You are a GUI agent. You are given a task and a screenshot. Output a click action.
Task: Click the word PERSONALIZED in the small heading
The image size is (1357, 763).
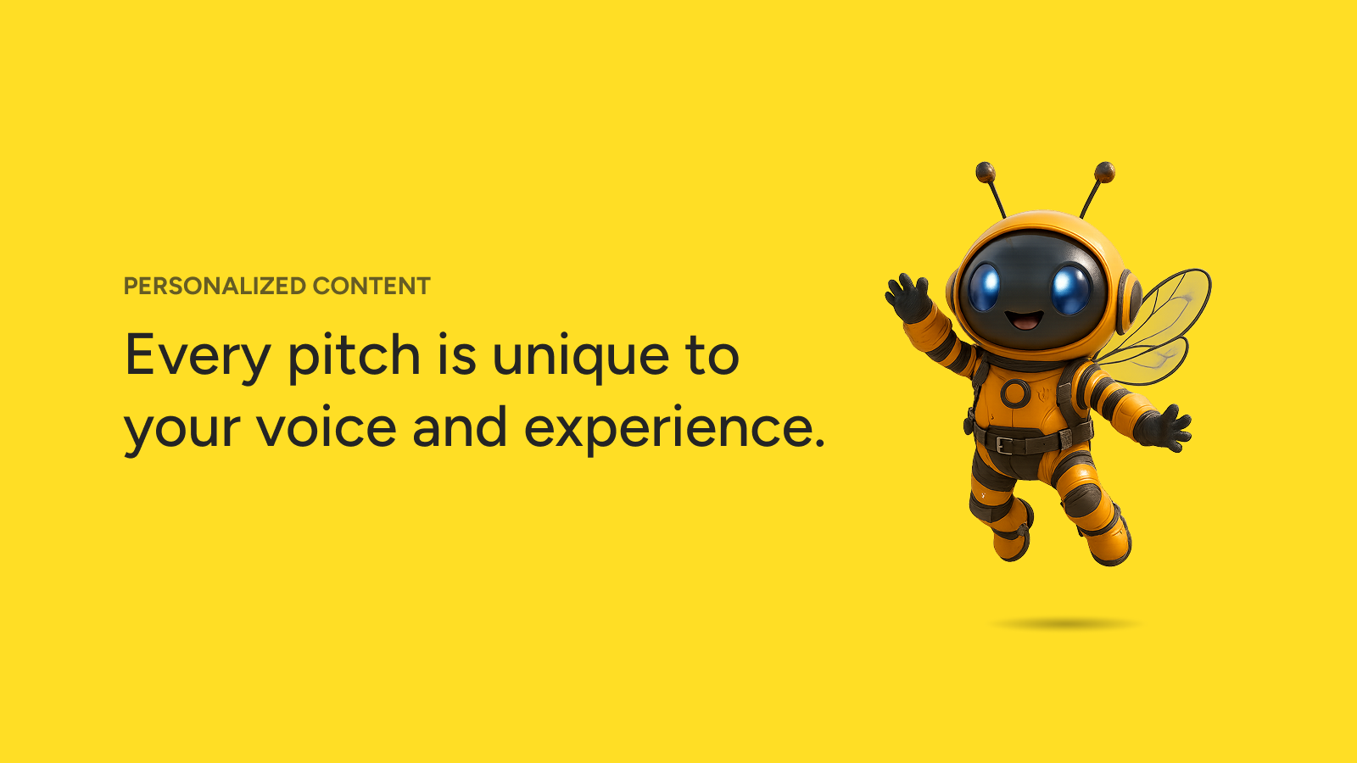(x=215, y=286)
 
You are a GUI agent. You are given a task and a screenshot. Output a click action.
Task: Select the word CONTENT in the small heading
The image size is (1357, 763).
(x=371, y=286)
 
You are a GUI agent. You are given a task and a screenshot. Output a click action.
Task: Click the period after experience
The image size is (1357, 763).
(x=819, y=442)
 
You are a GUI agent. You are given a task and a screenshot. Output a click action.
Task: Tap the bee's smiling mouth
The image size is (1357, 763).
(x=1025, y=320)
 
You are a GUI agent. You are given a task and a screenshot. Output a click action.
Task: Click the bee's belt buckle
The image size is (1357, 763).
(x=1003, y=445)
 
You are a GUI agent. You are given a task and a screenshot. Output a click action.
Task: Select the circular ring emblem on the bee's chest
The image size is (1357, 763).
(x=1015, y=393)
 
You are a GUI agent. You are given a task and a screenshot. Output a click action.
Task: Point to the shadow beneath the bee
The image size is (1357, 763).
(x=1065, y=624)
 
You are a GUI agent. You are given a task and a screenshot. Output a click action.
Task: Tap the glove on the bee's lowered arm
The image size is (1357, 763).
(x=1163, y=429)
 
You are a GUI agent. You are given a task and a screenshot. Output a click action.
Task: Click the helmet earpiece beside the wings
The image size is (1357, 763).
(x=1129, y=301)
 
